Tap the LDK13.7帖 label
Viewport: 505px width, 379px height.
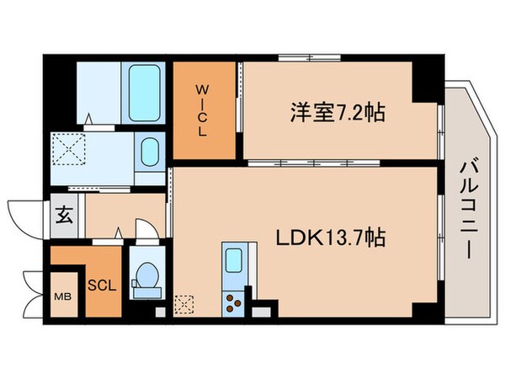pos(331,239)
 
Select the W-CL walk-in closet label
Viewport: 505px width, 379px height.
pos(205,110)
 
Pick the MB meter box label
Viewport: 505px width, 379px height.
pos(63,296)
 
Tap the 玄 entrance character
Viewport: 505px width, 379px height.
pos(64,213)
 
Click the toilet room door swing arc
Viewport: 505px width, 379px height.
pos(143,229)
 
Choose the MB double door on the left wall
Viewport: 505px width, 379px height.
pos(35,291)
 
